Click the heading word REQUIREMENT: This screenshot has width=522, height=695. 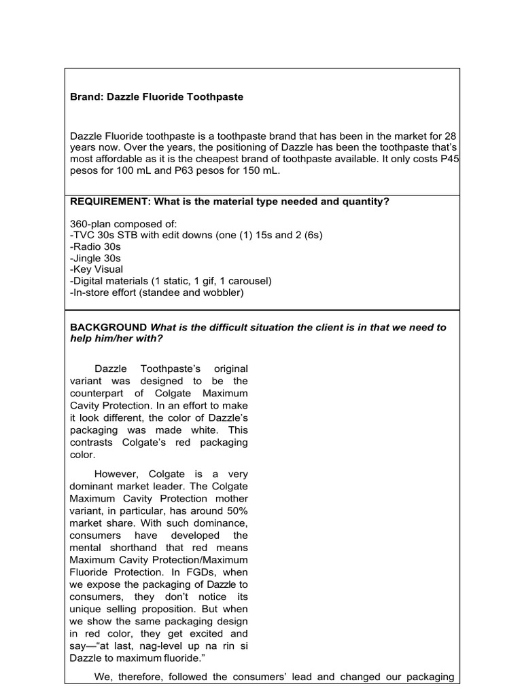[x=111, y=201]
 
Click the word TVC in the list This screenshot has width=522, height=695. [x=84, y=236]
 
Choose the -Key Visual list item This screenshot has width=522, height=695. [x=97, y=270]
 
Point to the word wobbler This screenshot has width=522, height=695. [x=220, y=293]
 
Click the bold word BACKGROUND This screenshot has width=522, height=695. [x=109, y=327]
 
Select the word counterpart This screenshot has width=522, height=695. [x=99, y=394]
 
